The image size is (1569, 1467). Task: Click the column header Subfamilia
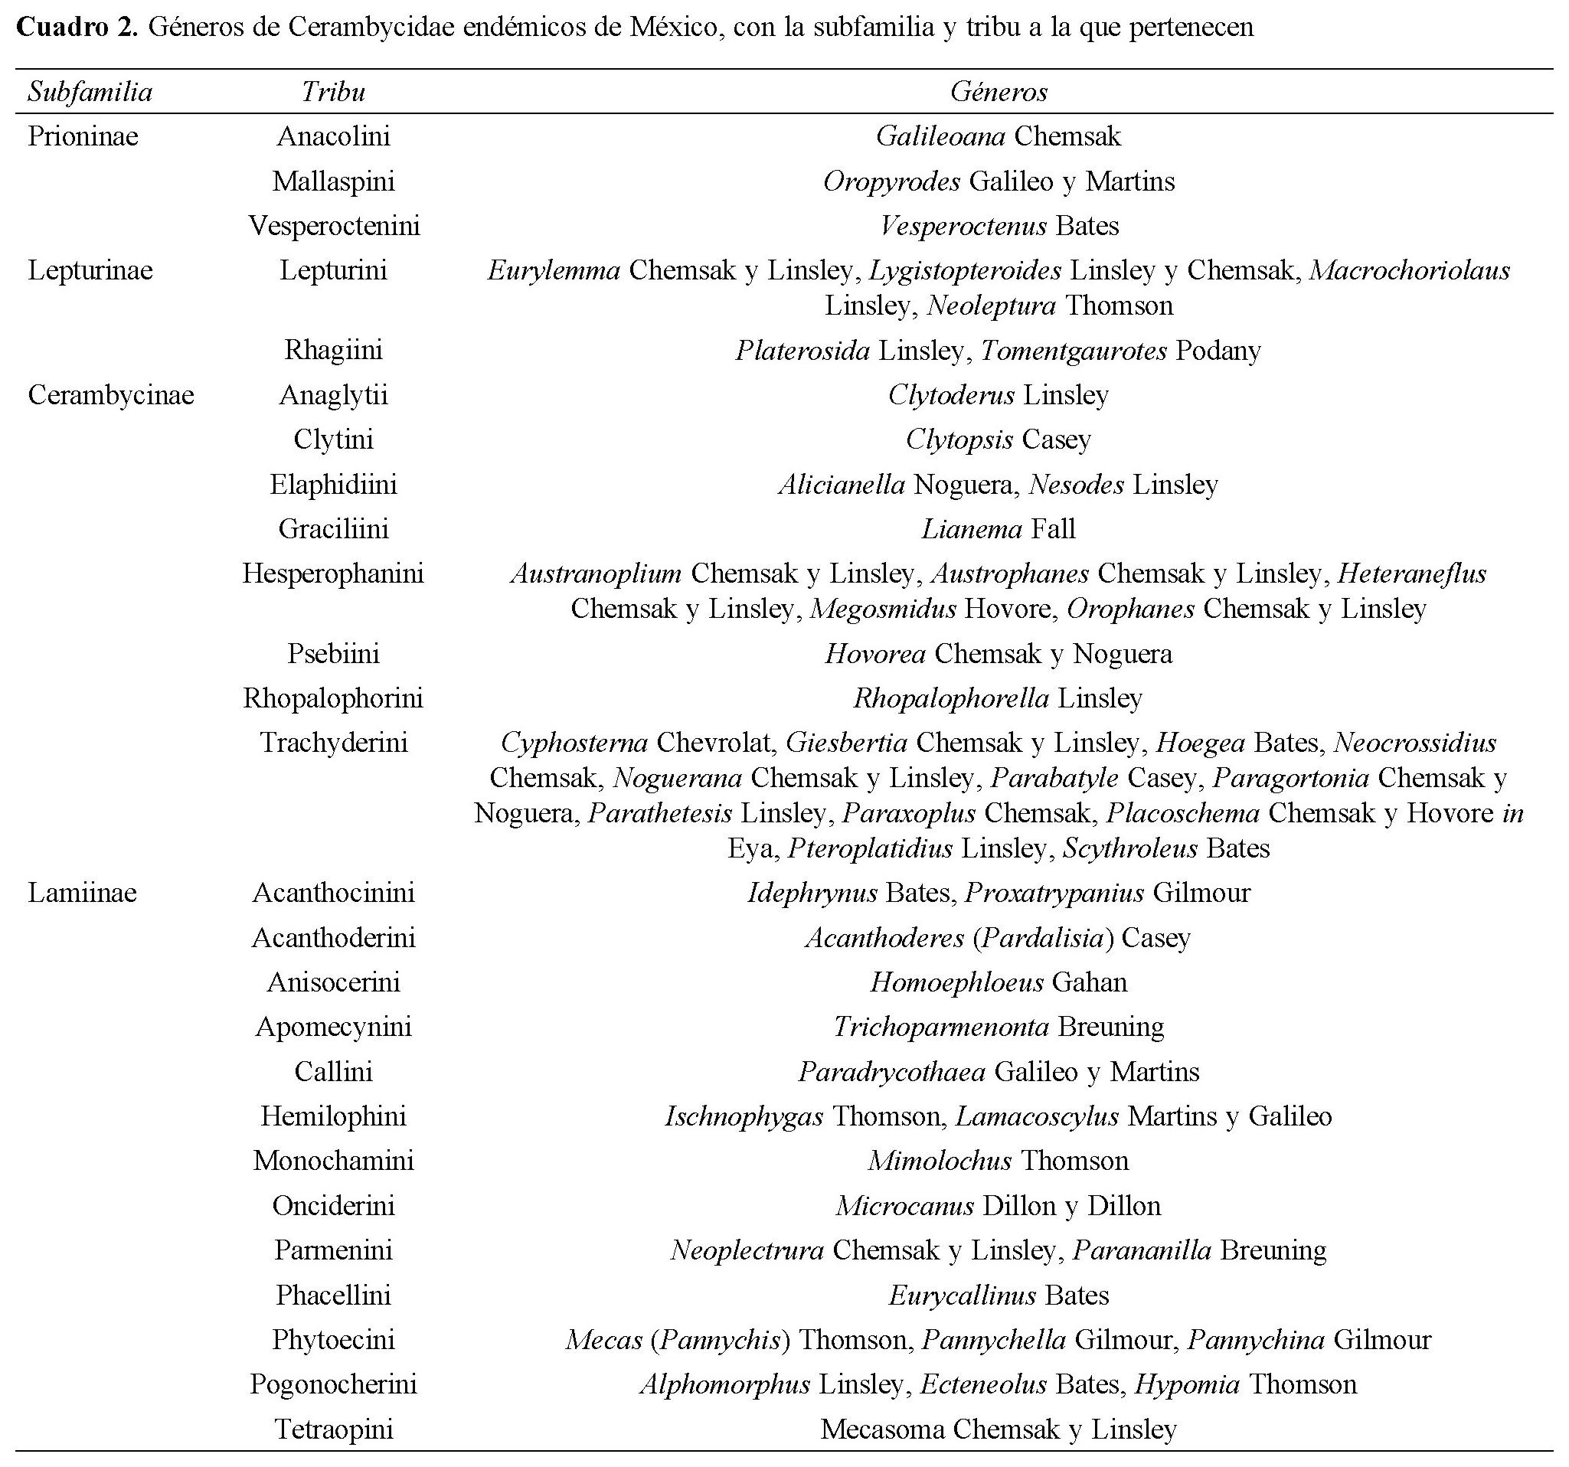[90, 93]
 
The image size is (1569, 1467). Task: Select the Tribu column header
[333, 93]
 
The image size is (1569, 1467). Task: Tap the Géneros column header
[999, 93]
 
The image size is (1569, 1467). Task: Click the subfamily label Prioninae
[83, 136]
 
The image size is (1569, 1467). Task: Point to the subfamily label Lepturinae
[90, 271]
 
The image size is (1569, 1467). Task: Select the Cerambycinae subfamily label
[110, 394]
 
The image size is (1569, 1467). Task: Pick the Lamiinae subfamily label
[82, 893]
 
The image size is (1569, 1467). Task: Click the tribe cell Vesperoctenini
[334, 227]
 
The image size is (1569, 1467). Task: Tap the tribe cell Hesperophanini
[333, 573]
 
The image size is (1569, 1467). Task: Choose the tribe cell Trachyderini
[334, 743]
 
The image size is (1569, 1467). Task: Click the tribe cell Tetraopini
[334, 1429]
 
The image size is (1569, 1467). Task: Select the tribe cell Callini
[334, 1072]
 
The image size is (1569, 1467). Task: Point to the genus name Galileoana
[940, 136]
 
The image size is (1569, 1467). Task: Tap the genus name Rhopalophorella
[951, 698]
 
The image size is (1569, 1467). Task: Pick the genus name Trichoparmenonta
[941, 1027]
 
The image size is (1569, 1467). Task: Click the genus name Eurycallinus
[962, 1295]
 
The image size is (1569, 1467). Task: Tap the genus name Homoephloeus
[956, 982]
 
